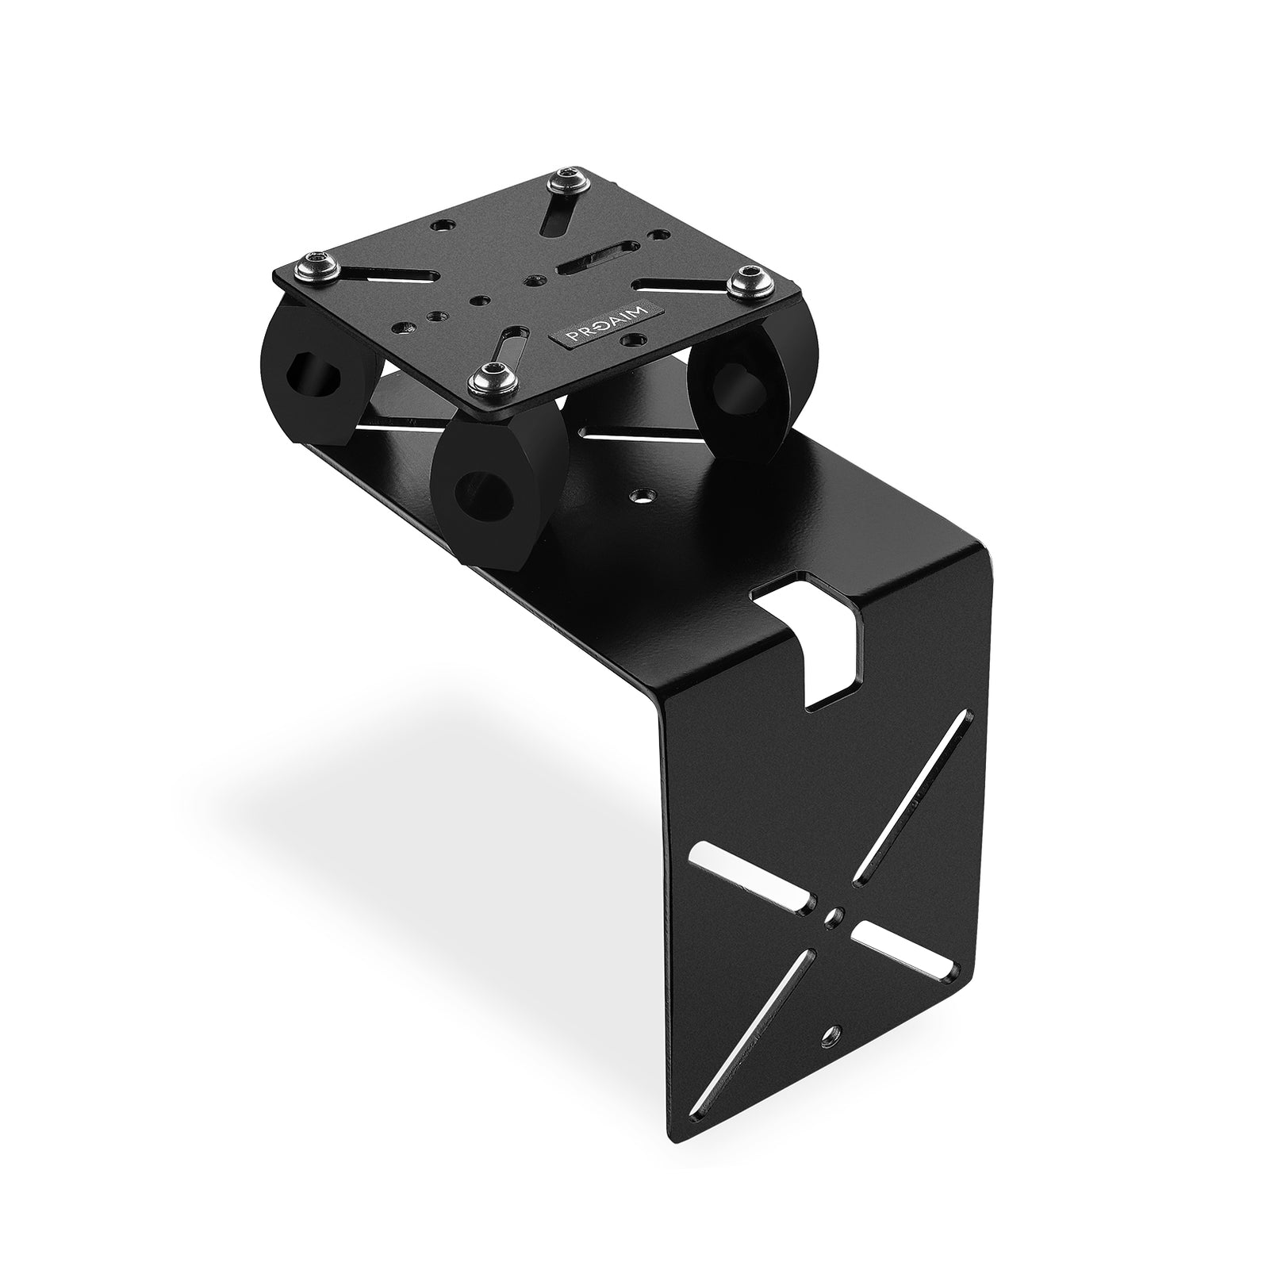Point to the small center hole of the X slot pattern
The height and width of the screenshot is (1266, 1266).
click(x=833, y=917)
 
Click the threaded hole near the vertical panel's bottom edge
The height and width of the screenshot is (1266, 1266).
click(x=831, y=1034)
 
